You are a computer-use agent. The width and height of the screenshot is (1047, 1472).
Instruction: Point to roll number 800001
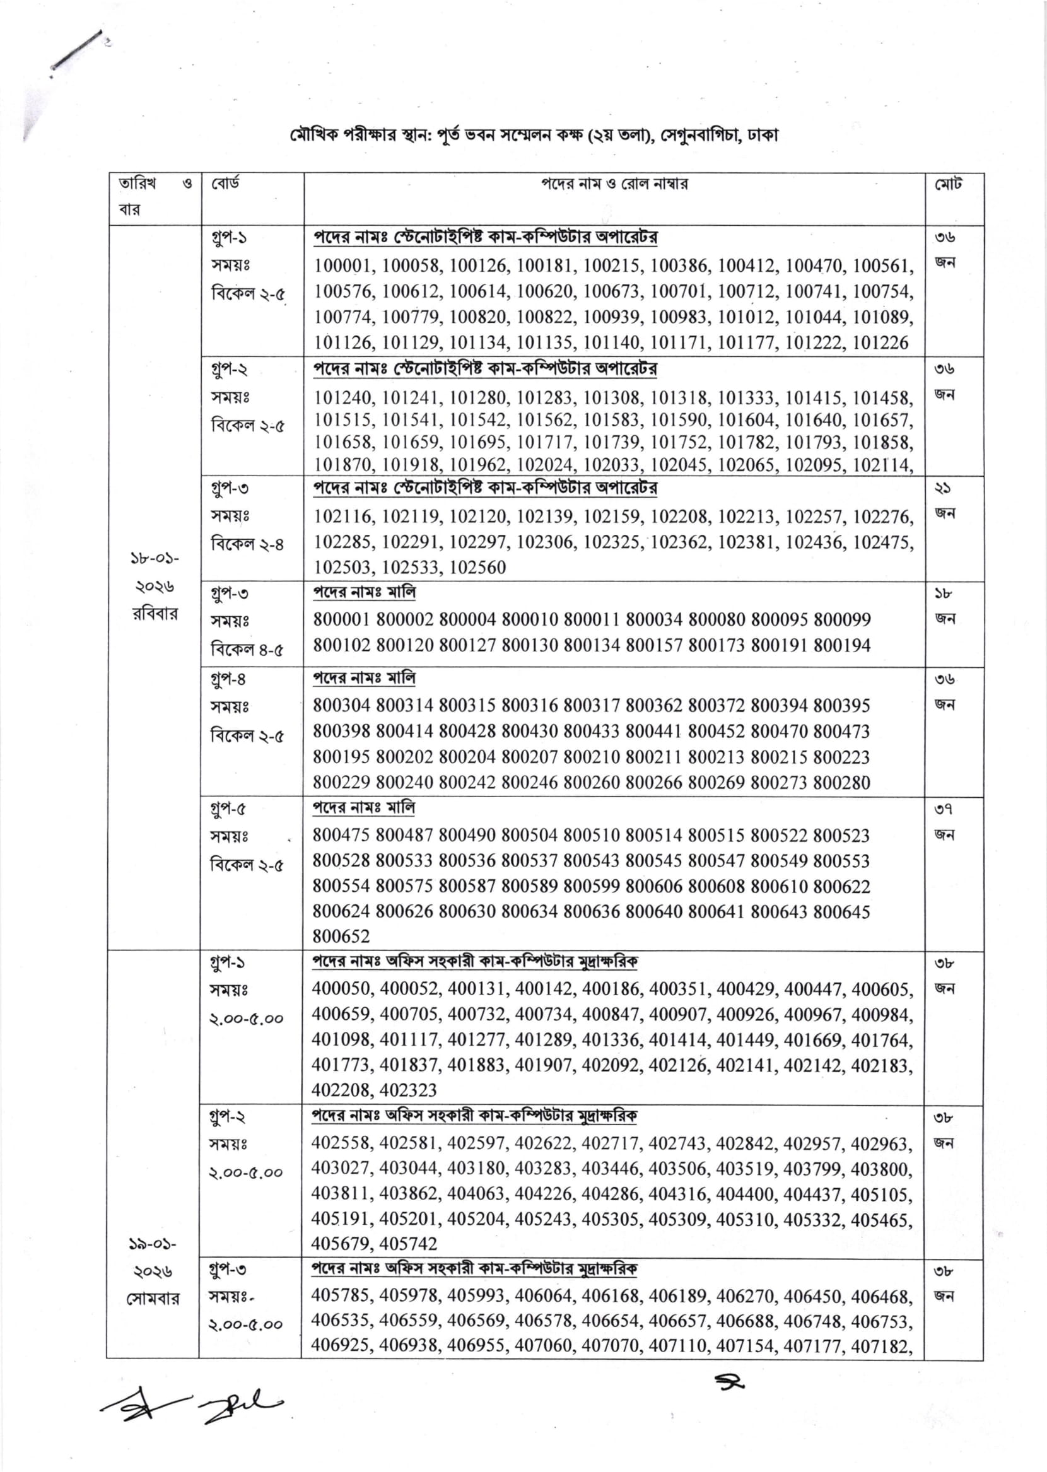tap(342, 619)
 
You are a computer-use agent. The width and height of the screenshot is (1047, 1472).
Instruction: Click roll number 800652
tap(341, 936)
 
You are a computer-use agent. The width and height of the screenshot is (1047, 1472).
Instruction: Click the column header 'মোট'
tap(949, 185)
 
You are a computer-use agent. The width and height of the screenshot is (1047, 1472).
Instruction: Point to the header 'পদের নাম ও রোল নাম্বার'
tap(614, 184)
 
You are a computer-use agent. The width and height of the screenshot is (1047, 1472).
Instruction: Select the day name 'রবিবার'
tap(155, 614)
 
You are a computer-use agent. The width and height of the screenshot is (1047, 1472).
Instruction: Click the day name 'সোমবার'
tap(153, 1299)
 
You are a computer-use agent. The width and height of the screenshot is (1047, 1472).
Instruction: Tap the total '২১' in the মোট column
tap(944, 489)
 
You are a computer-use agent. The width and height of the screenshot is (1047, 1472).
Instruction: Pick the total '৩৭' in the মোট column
tap(944, 809)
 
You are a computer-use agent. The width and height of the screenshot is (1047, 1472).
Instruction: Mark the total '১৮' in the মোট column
tap(944, 593)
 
